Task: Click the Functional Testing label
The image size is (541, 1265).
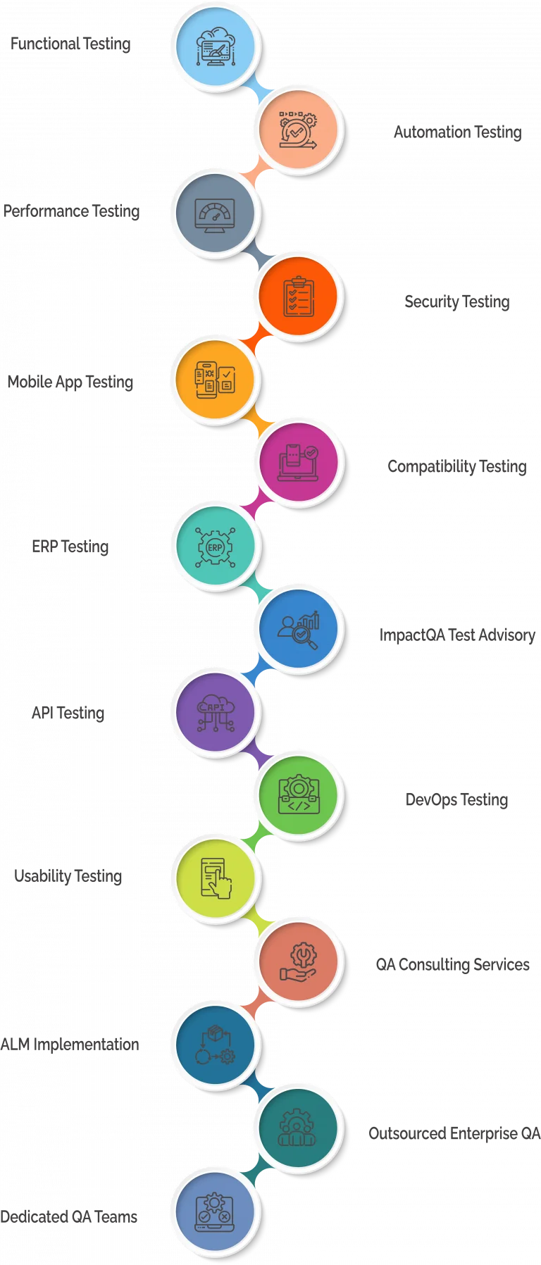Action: pyautogui.click(x=70, y=44)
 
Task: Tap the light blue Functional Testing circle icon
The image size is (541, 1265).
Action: pyautogui.click(x=215, y=47)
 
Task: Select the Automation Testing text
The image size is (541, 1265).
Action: pyautogui.click(x=458, y=132)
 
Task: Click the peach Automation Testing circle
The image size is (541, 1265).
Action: pyautogui.click(x=298, y=130)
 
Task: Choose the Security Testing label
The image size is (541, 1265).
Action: pyautogui.click(x=457, y=301)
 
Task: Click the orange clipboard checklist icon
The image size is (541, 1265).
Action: pyautogui.click(x=298, y=297)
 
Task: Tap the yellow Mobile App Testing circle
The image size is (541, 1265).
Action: pyautogui.click(x=215, y=380)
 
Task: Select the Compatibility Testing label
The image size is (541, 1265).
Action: pyautogui.click(x=457, y=466)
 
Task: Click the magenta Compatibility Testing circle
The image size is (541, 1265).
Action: pyautogui.click(x=298, y=463)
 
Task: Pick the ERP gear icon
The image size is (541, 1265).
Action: pyautogui.click(x=215, y=547)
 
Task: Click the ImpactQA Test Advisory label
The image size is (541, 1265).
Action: pyautogui.click(x=457, y=635)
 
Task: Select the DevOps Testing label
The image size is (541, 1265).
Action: pyautogui.click(x=456, y=799)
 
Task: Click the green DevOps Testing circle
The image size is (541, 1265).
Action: pyautogui.click(x=298, y=795)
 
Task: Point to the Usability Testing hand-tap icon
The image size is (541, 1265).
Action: pyautogui.click(x=216, y=878)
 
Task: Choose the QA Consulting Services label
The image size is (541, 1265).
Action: pyautogui.click(x=453, y=964)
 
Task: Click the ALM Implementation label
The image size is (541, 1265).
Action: pyautogui.click(x=70, y=1044)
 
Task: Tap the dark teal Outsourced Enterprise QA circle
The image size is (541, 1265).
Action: pyautogui.click(x=298, y=1128)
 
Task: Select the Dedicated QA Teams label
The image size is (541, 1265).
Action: pyautogui.click(x=69, y=1216)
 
